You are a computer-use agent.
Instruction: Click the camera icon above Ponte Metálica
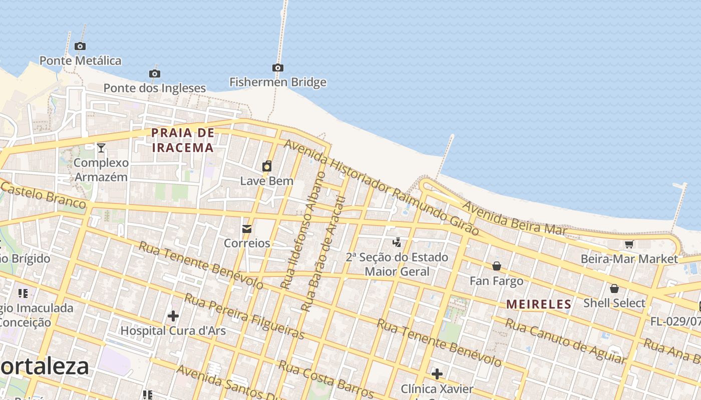80,46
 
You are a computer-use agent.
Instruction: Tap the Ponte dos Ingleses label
154,88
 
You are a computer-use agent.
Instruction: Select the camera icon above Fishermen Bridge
277,68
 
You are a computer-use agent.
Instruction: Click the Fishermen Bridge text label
277,82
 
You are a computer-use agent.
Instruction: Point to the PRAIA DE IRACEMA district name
183,140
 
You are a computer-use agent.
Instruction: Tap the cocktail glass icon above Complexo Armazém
101,147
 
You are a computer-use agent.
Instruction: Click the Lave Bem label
266,181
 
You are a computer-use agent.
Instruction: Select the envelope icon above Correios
246,229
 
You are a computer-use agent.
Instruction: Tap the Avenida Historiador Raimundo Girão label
382,187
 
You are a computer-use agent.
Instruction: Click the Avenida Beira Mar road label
514,218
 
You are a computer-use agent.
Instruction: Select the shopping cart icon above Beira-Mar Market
629,244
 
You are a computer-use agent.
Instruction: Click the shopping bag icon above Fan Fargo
496,266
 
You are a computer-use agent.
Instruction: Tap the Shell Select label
614,303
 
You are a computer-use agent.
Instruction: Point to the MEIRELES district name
539,304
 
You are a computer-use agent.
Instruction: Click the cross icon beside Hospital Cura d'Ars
173,316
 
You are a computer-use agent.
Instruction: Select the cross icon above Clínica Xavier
437,374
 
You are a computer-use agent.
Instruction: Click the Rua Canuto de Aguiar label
565,341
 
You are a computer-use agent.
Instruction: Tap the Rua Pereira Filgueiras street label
244,316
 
